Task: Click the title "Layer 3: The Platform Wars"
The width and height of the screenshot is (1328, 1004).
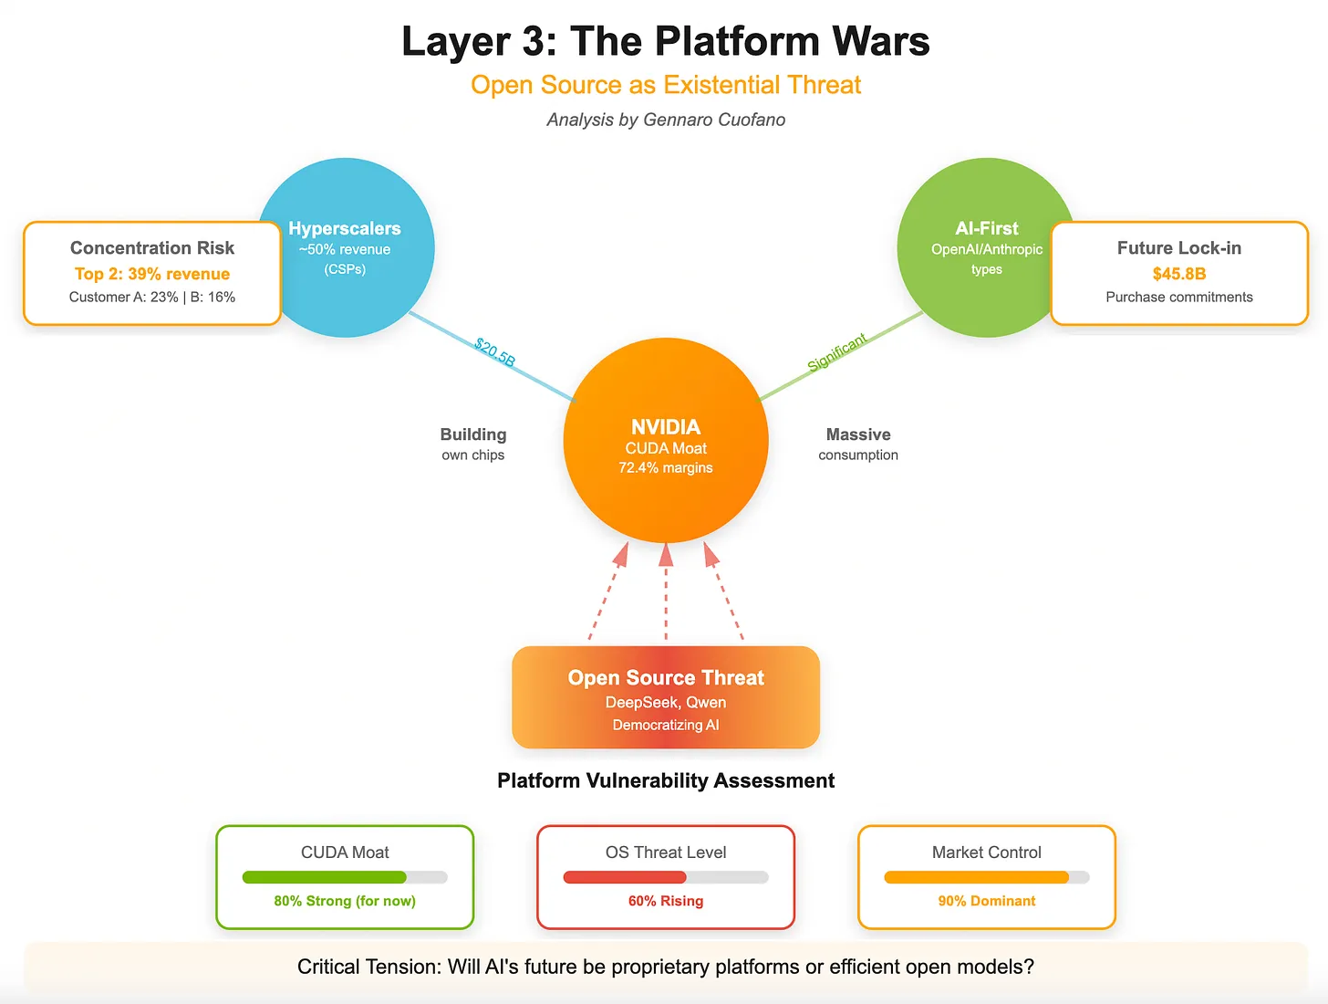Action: (x=665, y=42)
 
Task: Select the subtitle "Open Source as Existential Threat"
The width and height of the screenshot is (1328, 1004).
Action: (x=665, y=85)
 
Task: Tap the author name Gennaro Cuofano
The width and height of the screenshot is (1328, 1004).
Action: (x=713, y=120)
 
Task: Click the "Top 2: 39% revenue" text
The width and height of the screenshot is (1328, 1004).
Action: (x=152, y=274)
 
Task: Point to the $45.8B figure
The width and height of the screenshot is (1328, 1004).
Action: (x=1178, y=274)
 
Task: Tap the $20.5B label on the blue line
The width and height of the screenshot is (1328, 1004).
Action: (x=494, y=353)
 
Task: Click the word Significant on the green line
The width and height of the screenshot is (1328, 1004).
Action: (x=836, y=353)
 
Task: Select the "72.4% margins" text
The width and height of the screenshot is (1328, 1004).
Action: (x=665, y=468)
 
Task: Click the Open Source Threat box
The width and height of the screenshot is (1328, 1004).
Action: (x=665, y=697)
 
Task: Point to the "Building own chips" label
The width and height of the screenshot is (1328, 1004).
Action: (x=472, y=444)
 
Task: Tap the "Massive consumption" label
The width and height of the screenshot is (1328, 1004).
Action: (x=857, y=444)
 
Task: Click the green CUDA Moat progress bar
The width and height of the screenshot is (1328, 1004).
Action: (x=325, y=877)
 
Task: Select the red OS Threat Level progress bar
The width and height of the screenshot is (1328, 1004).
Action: (x=625, y=877)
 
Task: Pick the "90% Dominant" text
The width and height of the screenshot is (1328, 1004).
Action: (x=986, y=901)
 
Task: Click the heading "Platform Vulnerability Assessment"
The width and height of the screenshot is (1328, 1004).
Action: (x=665, y=780)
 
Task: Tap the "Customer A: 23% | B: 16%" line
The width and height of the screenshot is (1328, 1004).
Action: (x=152, y=298)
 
